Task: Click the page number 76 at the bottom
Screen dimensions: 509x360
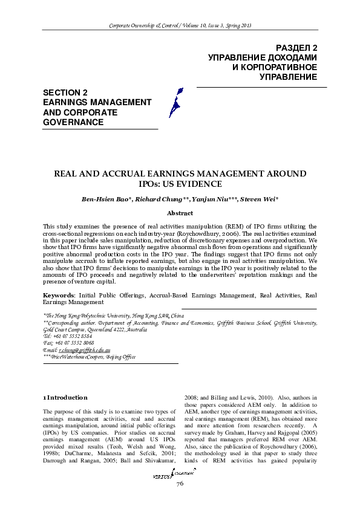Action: coord(180,485)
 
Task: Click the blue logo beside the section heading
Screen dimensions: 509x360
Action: coord(175,102)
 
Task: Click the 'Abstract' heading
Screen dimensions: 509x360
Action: coord(180,213)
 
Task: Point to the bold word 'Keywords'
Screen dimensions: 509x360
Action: coord(58,295)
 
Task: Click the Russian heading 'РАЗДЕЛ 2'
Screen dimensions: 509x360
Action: coord(296,47)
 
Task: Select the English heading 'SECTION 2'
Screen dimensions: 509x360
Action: coord(65,92)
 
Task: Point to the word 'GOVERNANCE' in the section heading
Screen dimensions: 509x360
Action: coord(73,122)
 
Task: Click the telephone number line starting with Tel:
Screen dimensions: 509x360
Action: coord(68,336)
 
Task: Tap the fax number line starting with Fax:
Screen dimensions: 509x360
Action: coord(68,343)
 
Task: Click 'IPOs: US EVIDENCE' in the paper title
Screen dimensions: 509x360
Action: coord(180,184)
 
